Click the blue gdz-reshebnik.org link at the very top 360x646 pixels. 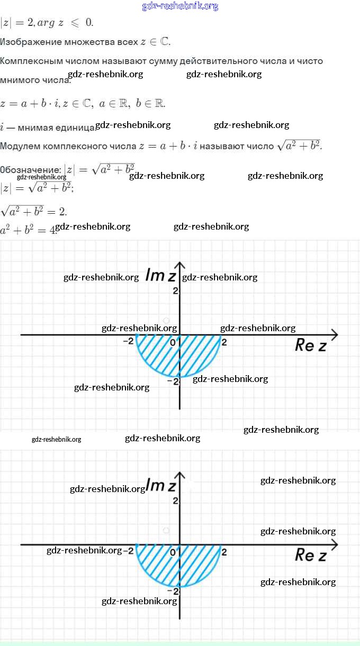(180, 6)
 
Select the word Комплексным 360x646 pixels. (31, 61)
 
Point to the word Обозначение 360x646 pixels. (31, 170)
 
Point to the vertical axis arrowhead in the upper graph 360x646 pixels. (180, 265)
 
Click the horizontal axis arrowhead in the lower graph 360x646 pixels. (334, 544)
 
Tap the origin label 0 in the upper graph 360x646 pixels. (173, 342)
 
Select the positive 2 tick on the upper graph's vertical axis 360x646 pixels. (175, 290)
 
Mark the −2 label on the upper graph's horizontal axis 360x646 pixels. (129, 341)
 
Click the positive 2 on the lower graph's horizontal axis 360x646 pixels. (224, 552)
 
